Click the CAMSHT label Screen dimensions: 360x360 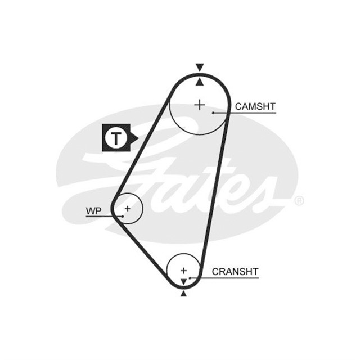coord(255,106)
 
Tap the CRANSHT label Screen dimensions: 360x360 coord(235,272)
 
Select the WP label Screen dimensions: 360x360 coord(93,211)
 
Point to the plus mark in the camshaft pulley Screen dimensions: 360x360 coord(200,104)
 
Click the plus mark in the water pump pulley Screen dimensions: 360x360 coord(128,208)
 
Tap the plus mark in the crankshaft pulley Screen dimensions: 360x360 coord(183,270)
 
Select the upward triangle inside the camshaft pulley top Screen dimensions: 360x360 coord(199,82)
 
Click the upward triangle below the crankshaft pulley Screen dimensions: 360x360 coord(183,293)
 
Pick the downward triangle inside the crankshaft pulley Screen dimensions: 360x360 coord(183,281)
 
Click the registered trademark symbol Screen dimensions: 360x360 coord(299,201)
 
